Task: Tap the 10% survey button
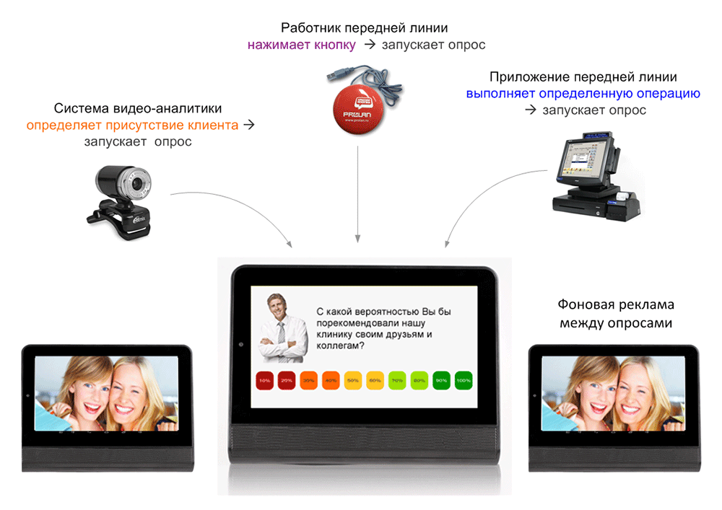coord(265,380)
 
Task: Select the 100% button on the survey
coord(463,380)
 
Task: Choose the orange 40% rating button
coord(331,380)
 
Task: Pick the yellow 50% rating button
coord(353,380)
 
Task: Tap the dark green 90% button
coord(441,380)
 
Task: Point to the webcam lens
coord(135,185)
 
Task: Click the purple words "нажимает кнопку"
coord(302,45)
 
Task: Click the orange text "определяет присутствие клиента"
coord(132,125)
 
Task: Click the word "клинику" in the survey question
coord(336,334)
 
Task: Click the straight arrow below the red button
coord(357,195)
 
